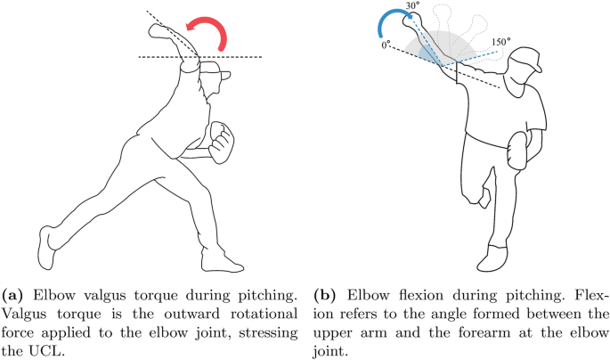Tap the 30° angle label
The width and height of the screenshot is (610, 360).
tap(411, 6)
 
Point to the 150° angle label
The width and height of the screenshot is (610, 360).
tap(502, 42)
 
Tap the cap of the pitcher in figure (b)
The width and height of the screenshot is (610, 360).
tap(529, 63)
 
